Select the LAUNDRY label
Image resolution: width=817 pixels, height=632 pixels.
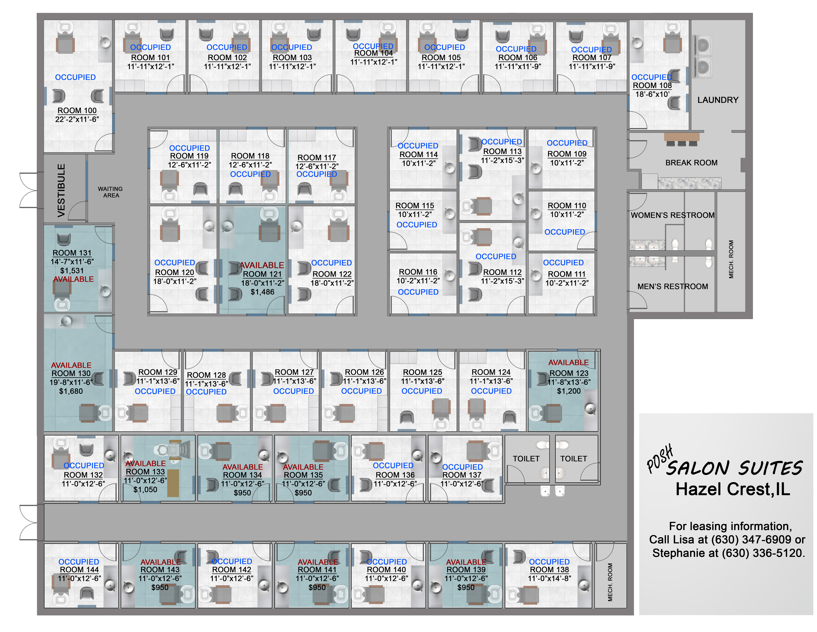pos(718,100)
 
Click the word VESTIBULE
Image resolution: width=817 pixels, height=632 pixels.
pos(61,190)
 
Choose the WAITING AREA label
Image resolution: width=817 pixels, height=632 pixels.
pos(110,192)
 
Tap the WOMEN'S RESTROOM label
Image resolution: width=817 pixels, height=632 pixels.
pos(672,215)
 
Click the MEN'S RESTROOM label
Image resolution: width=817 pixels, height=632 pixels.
pos(672,286)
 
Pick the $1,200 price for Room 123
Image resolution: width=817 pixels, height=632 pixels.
pos(569,391)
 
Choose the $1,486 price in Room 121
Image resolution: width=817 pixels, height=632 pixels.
pos(262,292)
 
